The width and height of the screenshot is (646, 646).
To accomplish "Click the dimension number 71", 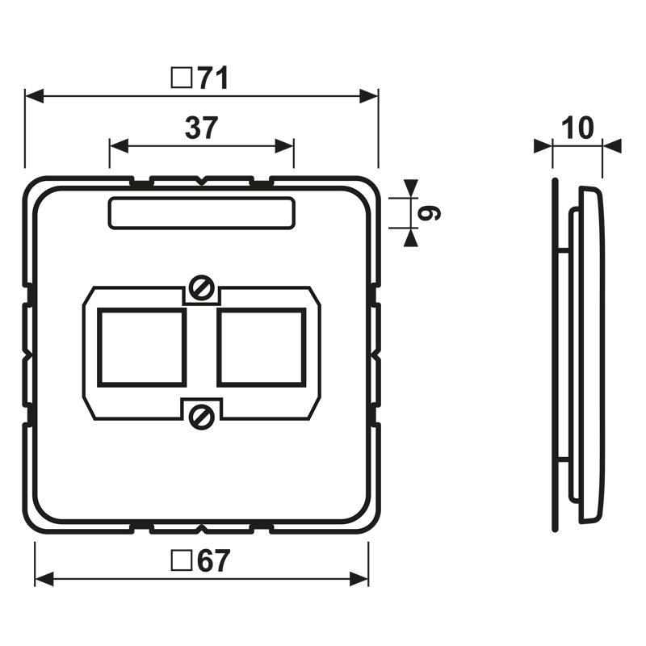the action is click(x=213, y=78).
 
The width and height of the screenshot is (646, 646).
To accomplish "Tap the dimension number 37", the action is click(x=201, y=128).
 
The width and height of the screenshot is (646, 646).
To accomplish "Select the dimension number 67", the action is click(x=213, y=560).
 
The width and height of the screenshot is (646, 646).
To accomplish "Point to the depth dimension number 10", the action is click(x=577, y=128).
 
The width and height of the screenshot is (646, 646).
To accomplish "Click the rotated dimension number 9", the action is click(x=429, y=213).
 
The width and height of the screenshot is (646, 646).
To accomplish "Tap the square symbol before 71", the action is click(x=182, y=78).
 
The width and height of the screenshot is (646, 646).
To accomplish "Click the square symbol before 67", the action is click(x=182, y=560).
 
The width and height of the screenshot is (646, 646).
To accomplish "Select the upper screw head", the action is click(x=201, y=287).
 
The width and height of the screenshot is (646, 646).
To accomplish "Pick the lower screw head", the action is click(x=201, y=417).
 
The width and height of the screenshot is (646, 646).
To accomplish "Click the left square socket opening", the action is click(x=142, y=348).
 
